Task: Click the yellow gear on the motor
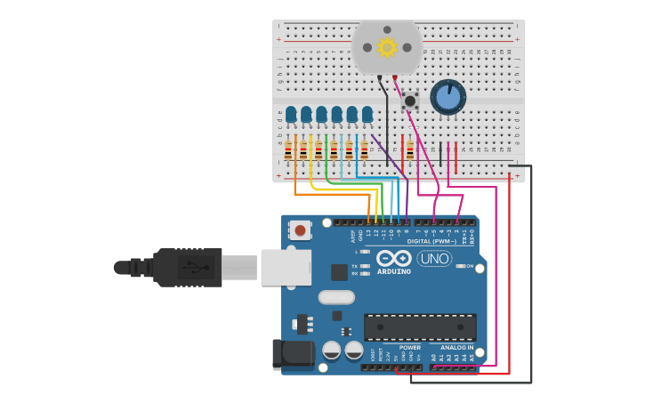387,47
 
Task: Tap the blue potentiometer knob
447,97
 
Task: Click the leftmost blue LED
291,114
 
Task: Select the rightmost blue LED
367,114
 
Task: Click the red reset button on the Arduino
301,230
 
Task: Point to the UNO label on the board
434,259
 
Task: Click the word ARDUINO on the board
394,270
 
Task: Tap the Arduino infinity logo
393,258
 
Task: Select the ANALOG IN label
456,348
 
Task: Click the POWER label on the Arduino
409,348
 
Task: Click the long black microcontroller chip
420,326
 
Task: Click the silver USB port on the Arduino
286,267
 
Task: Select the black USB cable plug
187,267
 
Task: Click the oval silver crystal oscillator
335,297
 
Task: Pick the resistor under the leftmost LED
288,150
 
